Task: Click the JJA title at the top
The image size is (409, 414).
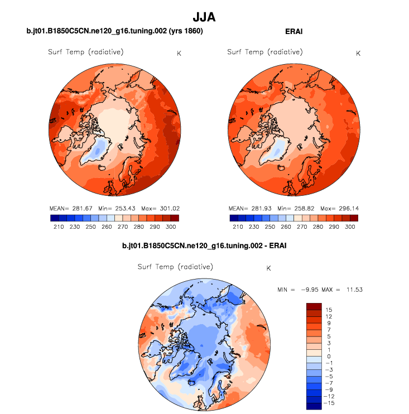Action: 204,18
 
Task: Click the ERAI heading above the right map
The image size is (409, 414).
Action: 293,32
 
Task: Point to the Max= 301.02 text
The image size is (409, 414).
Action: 160,208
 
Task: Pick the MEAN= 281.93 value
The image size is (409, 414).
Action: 249,208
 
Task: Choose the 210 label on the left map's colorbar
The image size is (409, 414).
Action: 59,227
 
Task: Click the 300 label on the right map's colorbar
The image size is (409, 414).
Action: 350,227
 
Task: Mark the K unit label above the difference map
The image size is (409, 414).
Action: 268,268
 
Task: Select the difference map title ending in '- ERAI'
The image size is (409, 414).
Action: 204,245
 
